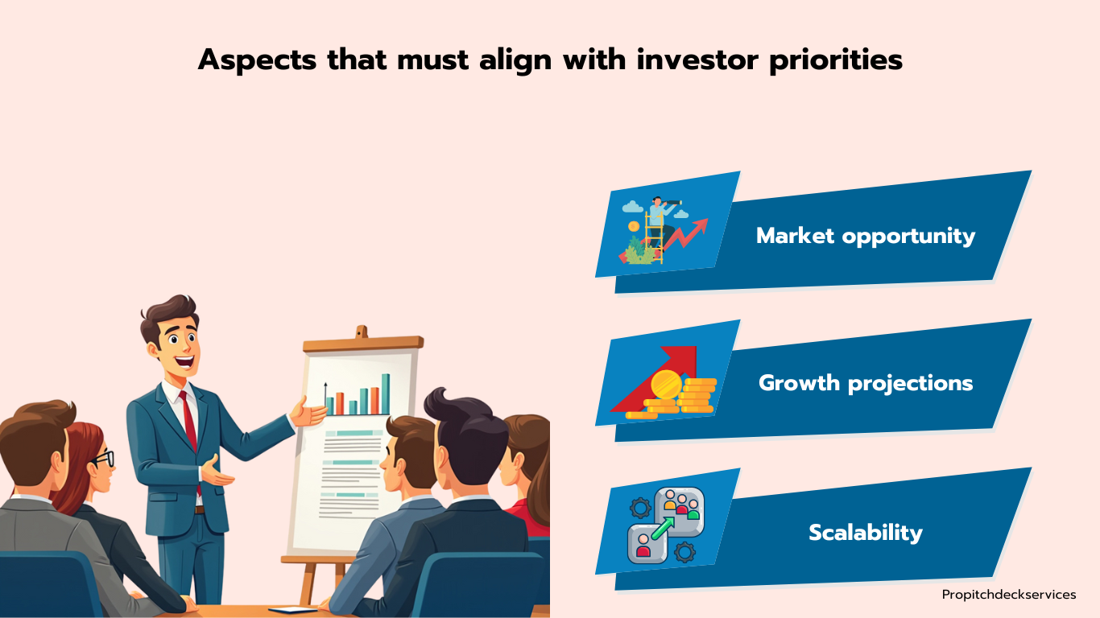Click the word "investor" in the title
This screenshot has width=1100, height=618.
pos(698,60)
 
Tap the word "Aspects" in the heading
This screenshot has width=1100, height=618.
pos(258,61)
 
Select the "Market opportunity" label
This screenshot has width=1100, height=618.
pos(866,236)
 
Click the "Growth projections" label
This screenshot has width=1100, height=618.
pos(866,383)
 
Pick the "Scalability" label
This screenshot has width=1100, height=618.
pos(866,533)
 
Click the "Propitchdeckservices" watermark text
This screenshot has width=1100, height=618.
pos(1009,595)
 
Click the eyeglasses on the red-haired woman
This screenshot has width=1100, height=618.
pos(103,459)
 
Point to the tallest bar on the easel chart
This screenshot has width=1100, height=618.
pos(386,393)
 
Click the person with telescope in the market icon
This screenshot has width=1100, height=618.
pos(660,216)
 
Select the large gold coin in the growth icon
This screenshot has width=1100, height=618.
pos(666,385)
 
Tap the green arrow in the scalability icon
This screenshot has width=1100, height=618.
pos(664,528)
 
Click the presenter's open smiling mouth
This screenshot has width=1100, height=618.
pos(184,362)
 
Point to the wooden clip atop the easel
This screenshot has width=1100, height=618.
pos(362,332)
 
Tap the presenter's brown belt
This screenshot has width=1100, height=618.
pos(199,510)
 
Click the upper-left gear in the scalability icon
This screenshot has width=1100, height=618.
pos(640,508)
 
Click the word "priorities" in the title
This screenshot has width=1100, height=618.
pos(836,61)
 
